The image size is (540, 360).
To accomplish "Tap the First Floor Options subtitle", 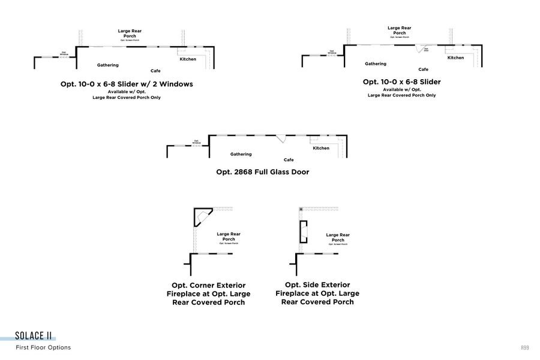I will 43,347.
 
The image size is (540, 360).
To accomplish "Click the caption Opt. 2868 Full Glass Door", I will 262,172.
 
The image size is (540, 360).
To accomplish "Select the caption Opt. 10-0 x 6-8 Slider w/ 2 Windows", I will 127,84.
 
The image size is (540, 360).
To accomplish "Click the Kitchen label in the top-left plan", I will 188,59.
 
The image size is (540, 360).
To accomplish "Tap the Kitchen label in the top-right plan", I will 455,58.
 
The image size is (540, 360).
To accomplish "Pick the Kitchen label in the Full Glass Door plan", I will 321,148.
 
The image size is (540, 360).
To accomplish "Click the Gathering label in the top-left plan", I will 107,65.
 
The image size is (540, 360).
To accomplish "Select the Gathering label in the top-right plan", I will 376,64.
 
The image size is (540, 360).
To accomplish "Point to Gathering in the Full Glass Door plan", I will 241,154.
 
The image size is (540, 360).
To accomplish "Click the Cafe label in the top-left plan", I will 155,71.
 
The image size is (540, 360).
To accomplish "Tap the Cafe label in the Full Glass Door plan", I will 289,160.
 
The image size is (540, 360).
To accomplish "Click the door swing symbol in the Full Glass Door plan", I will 280,138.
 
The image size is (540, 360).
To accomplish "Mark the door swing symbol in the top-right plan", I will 422,47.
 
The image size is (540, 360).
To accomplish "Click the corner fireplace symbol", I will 202,216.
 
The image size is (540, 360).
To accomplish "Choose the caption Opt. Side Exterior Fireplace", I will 317,293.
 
